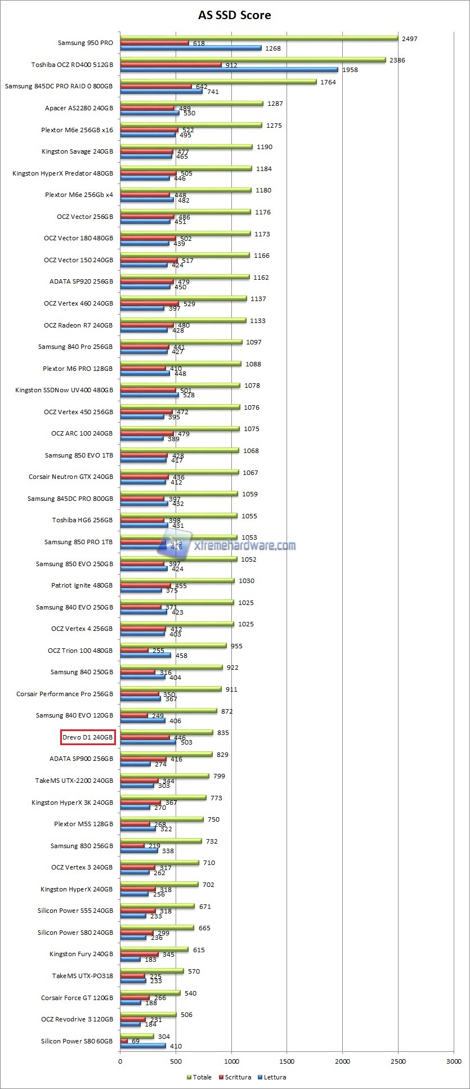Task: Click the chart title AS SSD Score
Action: click(234, 15)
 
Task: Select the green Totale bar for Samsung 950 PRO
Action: click(259, 38)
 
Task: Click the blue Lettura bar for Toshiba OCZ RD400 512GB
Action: click(229, 70)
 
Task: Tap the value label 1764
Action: click(328, 82)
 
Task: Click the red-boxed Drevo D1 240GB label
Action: click(88, 737)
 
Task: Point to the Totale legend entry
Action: click(202, 1077)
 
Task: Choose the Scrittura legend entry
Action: click(238, 1077)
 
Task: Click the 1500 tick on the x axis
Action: click(287, 1061)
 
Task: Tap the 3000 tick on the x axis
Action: click(453, 1061)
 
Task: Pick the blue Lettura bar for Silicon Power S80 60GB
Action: click(143, 1046)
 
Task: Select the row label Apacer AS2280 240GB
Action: click(79, 108)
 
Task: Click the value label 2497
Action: click(409, 39)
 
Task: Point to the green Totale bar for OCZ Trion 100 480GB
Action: click(173, 646)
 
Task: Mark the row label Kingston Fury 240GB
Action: click(81, 953)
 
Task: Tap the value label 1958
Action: click(350, 70)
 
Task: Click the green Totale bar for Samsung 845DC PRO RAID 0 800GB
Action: click(218, 81)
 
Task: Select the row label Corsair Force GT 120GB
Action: click(77, 997)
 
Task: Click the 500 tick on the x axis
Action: click(176, 1061)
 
